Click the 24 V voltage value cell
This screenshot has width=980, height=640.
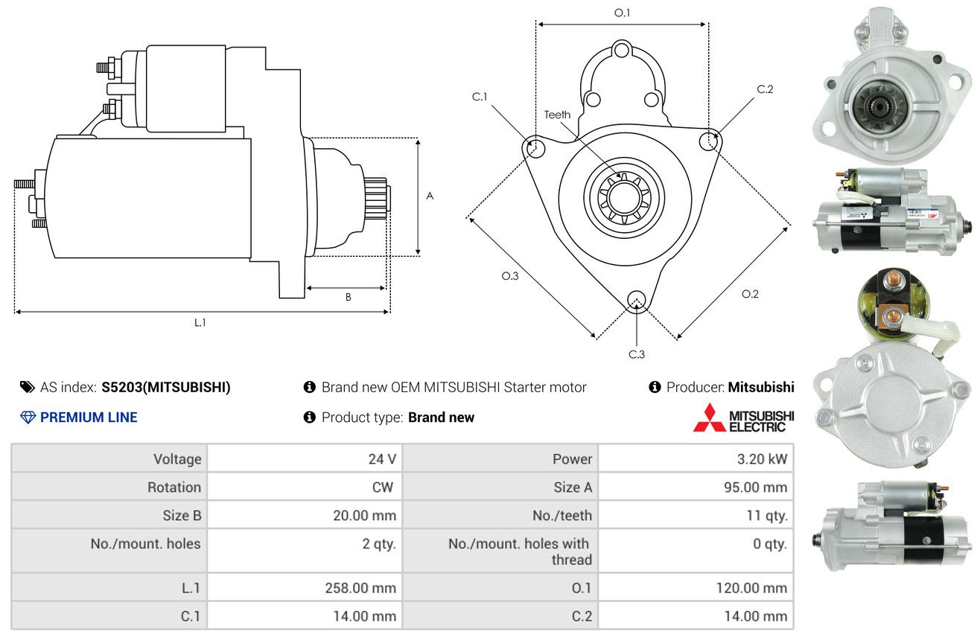pyautogui.click(x=382, y=459)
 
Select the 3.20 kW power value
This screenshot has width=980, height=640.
pyautogui.click(x=762, y=459)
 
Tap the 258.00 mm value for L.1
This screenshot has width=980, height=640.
pyautogui.click(x=360, y=588)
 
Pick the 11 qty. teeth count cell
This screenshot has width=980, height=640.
pyautogui.click(x=767, y=516)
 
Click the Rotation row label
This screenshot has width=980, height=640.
pyautogui.click(x=174, y=487)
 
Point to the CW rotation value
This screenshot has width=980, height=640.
pyautogui.click(x=382, y=487)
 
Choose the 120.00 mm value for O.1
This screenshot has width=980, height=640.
pyautogui.click(x=751, y=588)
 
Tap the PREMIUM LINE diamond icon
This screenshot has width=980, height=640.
pyautogui.click(x=28, y=417)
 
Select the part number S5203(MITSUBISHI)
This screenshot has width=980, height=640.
pyautogui.click(x=166, y=387)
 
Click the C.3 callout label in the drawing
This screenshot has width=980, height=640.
pyautogui.click(x=637, y=354)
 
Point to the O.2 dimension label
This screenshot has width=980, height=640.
pyautogui.click(x=750, y=294)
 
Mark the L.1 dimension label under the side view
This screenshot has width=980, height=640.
pyautogui.click(x=200, y=323)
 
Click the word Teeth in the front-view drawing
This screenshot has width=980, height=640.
pyautogui.click(x=557, y=115)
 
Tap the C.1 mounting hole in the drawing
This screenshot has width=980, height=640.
pyautogui.click(x=534, y=147)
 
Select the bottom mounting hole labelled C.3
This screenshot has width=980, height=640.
pyautogui.click(x=637, y=301)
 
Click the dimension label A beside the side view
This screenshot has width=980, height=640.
pyautogui.click(x=430, y=196)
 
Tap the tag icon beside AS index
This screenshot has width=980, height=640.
pyautogui.click(x=27, y=387)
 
